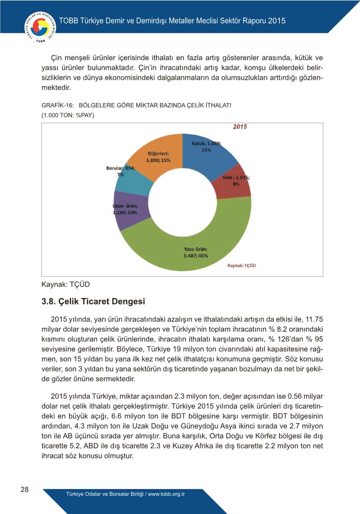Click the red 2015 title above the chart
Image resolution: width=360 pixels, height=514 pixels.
click(x=240, y=127)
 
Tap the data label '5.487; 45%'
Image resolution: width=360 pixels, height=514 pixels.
click(x=196, y=256)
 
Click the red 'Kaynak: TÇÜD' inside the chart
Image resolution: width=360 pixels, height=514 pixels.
click(x=242, y=266)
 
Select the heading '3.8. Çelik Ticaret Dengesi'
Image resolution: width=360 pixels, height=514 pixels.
click(x=93, y=301)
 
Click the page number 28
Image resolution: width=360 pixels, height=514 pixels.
click(x=25, y=489)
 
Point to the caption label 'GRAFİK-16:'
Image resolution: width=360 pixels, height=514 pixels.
click(x=58, y=105)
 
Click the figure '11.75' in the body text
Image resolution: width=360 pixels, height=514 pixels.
click(x=314, y=319)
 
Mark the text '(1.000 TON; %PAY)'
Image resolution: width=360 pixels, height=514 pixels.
click(x=68, y=115)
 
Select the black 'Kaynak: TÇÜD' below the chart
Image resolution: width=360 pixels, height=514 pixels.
click(x=65, y=284)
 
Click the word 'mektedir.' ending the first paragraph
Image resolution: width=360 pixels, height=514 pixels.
click(x=56, y=87)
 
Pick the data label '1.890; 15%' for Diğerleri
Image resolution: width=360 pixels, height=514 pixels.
click(x=158, y=160)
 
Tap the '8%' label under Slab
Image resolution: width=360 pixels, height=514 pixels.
click(x=236, y=184)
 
